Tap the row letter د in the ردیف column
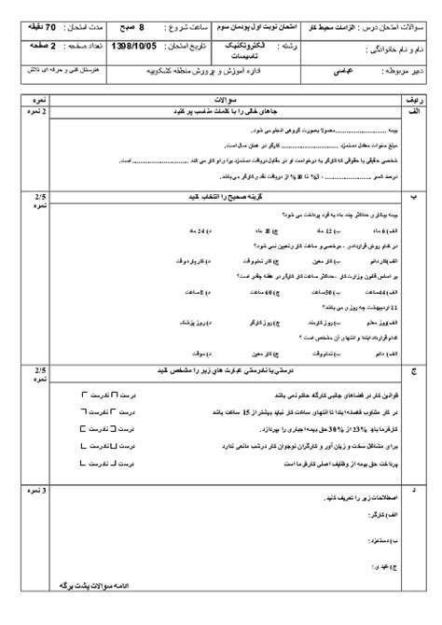pyautogui.click(x=415, y=488)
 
